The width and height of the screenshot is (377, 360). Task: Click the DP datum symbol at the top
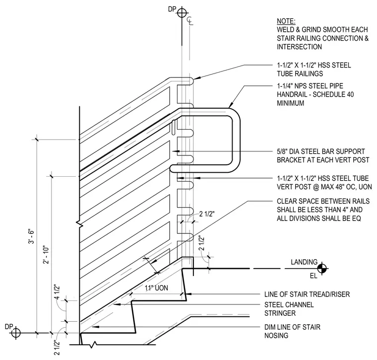[182, 13]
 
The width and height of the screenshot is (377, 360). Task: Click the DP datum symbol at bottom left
[16, 333]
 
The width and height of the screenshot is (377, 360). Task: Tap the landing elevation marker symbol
[322, 268]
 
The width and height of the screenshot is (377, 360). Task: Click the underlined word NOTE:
[286, 21]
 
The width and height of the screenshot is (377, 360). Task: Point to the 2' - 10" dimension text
[46, 255]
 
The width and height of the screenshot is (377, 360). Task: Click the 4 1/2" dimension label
[57, 292]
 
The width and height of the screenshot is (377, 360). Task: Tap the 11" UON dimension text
[156, 288]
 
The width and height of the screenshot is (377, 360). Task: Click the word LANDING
[304, 262]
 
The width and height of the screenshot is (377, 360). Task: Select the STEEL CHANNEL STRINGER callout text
[289, 309]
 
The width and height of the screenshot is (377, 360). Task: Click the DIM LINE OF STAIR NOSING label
[292, 331]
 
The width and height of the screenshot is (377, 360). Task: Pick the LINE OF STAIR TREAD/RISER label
[307, 294]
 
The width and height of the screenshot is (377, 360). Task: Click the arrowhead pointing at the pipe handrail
[230, 105]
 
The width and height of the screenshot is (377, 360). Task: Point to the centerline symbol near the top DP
[190, 21]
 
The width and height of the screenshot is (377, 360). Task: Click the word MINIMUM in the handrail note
[291, 103]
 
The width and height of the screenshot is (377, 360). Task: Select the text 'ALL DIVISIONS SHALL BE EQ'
[319, 218]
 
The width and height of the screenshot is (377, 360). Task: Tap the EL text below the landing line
[314, 276]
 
